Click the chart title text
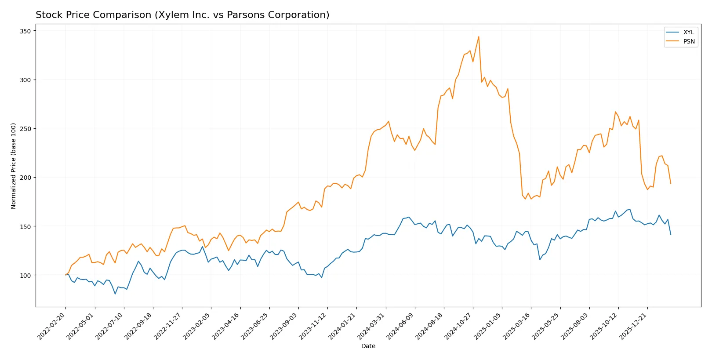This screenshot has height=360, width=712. coord(182,15)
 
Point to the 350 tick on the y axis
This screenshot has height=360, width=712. coord(25,31)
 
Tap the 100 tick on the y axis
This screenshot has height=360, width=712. coord(25,276)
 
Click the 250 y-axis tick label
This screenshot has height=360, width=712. coord(25,129)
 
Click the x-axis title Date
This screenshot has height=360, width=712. coord(368,346)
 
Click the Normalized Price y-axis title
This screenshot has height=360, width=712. coord(14,166)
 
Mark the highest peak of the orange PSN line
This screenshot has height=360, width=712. coord(479,36)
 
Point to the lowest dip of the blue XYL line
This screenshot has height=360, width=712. coord(115,294)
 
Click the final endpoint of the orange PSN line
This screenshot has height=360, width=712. coord(671,184)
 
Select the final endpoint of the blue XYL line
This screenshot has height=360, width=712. coord(671,235)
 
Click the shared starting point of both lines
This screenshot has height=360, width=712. coord(65,275)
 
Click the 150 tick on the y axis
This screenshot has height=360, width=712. coord(25,227)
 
